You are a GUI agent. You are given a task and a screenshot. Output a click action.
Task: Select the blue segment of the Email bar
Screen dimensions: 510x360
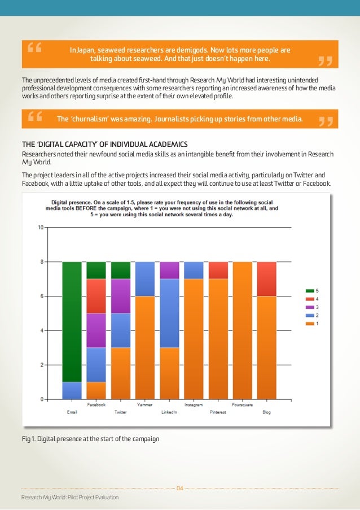click(x=72, y=390)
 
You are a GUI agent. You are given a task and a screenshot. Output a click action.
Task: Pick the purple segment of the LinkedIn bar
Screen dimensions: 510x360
click(x=169, y=270)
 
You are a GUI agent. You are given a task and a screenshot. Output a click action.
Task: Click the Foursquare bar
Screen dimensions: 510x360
click(x=242, y=330)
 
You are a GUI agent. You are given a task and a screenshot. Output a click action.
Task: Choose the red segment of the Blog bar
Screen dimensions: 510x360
click(x=266, y=278)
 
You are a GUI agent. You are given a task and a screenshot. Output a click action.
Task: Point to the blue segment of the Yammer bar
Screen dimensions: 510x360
click(x=144, y=278)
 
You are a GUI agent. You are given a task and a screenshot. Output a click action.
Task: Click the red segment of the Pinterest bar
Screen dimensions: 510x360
click(x=218, y=270)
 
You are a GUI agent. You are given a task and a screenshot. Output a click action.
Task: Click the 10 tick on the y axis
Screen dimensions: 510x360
click(x=40, y=228)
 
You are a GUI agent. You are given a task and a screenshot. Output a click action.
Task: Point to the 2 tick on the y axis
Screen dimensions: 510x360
click(x=41, y=365)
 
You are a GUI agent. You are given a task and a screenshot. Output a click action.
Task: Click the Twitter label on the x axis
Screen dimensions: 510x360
click(x=120, y=412)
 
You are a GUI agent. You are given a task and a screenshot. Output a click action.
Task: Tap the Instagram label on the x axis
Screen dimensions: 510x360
click(x=194, y=405)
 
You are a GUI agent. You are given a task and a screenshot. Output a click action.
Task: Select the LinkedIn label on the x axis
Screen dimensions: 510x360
click(x=169, y=412)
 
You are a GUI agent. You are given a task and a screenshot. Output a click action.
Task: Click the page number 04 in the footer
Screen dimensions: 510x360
click(x=180, y=488)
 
